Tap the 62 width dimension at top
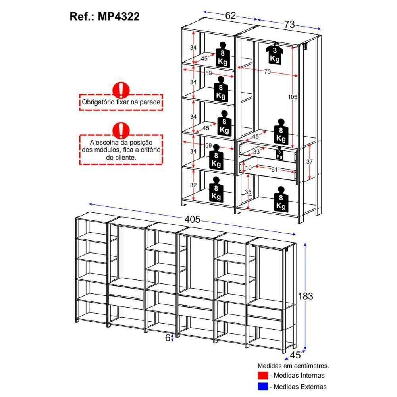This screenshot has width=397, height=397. tap(231, 15)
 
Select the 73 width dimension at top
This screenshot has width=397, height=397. tap(289, 24)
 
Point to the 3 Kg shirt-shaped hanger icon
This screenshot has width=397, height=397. tap(275, 54)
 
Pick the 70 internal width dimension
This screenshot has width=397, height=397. tap(267, 71)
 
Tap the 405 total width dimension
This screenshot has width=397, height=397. tap(192, 220)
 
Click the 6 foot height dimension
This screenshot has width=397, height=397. tap(168, 338)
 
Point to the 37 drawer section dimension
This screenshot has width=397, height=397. tap(310, 162)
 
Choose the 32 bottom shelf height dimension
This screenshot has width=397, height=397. tap(193, 185)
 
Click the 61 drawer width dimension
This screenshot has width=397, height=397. tap(274, 170)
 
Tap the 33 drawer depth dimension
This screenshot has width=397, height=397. tap(257, 151)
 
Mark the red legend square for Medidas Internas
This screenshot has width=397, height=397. tap(262, 375)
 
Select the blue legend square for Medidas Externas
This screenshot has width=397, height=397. tap(262, 386)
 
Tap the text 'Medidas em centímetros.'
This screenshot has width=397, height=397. tap(293, 365)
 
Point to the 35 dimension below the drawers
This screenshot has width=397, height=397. tap(248, 192)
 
